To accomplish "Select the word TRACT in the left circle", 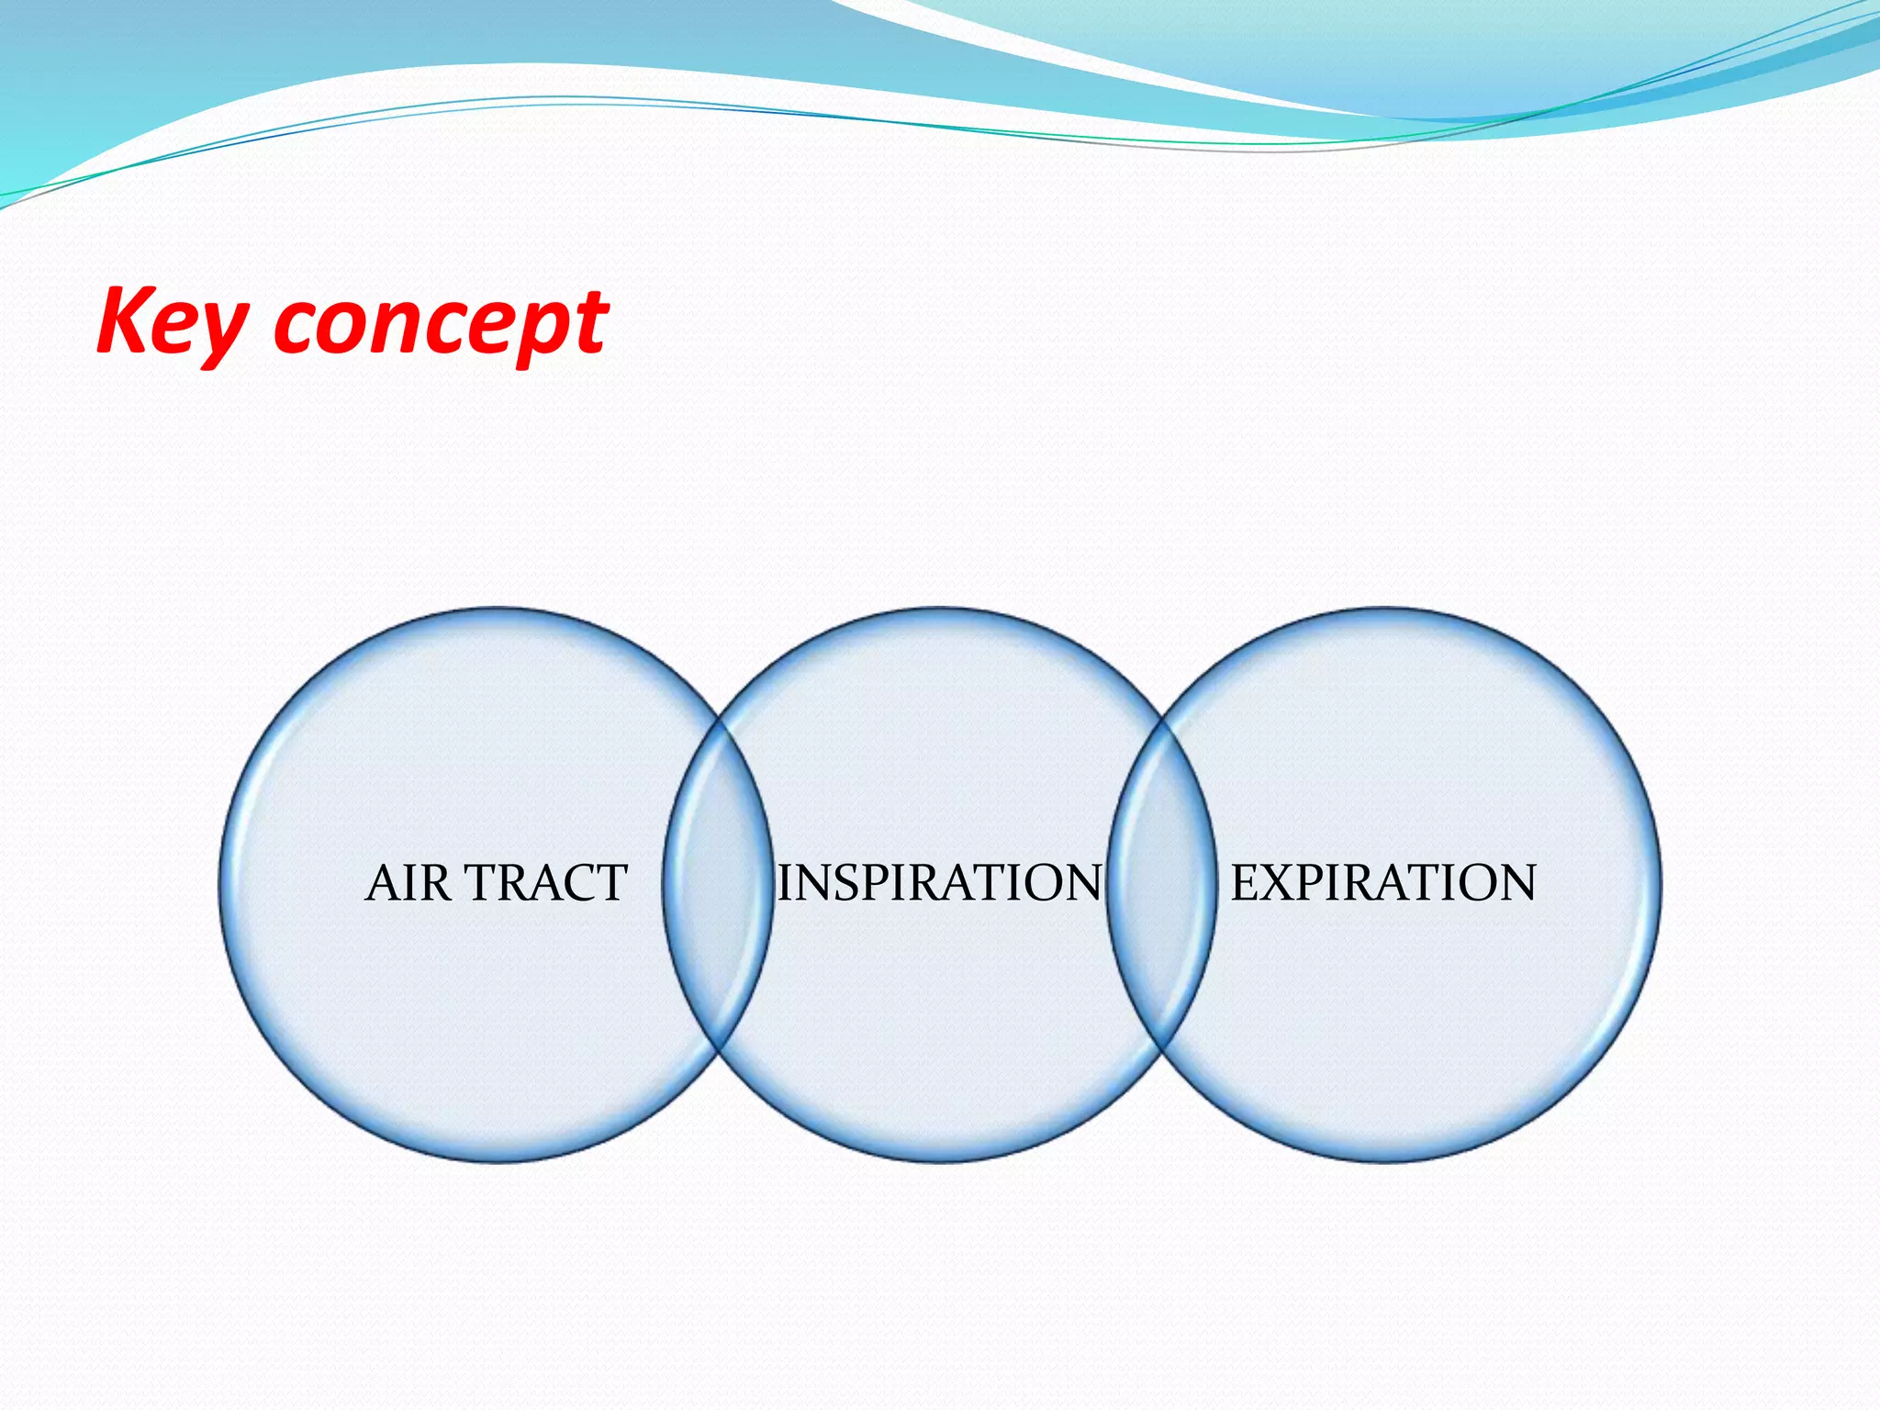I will [547, 883].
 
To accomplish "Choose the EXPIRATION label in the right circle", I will [1382, 883].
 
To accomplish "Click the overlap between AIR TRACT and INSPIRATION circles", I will [718, 885].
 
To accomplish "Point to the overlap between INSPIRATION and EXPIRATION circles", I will [1162, 885].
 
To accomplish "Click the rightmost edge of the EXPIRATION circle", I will [1660, 885].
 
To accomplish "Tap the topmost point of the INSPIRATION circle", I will [940, 609].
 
